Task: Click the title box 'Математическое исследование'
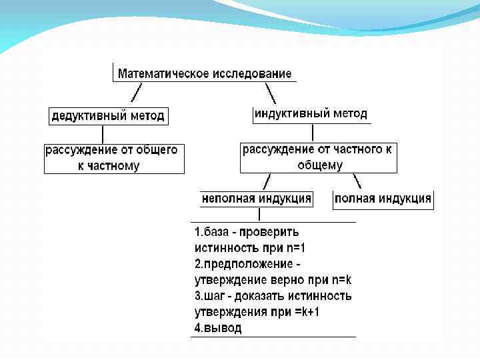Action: pyautogui.click(x=205, y=73)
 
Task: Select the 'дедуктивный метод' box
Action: pyautogui.click(x=108, y=115)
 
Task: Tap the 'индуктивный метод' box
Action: pyautogui.click(x=310, y=114)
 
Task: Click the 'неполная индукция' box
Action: pyautogui.click(x=257, y=199)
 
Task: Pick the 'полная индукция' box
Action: pyautogui.click(x=383, y=199)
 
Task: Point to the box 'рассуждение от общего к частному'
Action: pyautogui.click(x=114, y=159)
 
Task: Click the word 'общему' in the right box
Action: pyautogui.click(x=320, y=165)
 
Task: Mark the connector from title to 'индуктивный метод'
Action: pyautogui.click(x=270, y=92)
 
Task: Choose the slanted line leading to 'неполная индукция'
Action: pyautogui.click(x=267, y=181)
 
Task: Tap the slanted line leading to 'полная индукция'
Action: pyautogui.click(x=357, y=181)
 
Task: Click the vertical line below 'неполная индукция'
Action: pyautogui.click(x=259, y=214)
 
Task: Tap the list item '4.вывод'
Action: pyautogui.click(x=218, y=328)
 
